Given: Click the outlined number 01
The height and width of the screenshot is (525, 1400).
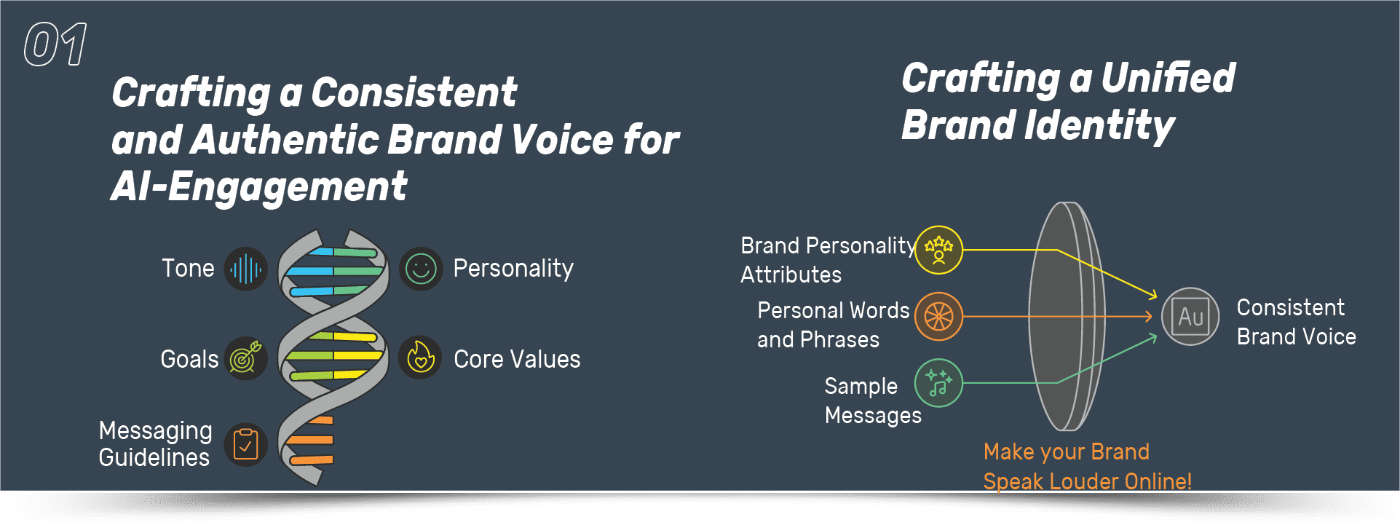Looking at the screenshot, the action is click(55, 44).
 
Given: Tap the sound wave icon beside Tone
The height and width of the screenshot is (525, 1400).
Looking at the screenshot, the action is click(246, 269).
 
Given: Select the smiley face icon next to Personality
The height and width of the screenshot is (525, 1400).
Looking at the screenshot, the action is click(421, 269).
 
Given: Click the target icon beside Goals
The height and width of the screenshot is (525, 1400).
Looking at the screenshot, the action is click(246, 358).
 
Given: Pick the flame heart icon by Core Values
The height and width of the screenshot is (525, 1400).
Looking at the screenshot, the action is click(421, 358).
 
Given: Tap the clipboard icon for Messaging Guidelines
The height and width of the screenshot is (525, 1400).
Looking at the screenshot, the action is click(246, 445).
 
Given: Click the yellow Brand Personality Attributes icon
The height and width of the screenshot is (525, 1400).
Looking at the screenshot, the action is click(938, 250).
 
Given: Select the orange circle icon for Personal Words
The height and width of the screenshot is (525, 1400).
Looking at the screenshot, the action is click(938, 317).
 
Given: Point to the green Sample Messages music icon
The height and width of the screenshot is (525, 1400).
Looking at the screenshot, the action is click(938, 383).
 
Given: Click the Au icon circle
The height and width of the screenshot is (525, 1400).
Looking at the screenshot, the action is click(1190, 317).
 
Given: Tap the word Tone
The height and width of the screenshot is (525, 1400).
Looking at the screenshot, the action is click(188, 269).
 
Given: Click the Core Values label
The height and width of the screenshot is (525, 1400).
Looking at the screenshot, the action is click(517, 359).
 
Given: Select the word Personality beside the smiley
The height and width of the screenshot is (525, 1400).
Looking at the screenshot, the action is click(513, 269).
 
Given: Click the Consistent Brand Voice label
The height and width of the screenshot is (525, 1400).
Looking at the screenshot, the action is click(1296, 322).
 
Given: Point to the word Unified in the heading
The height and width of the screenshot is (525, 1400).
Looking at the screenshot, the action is click(1168, 78).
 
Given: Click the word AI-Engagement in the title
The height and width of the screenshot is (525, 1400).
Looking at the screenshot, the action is click(258, 187).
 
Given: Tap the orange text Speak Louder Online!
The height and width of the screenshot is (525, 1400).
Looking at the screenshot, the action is click(1087, 481).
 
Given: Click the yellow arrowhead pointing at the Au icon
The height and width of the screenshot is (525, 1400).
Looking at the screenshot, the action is click(1152, 294).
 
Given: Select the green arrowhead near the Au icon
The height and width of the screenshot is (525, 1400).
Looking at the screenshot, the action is click(1152, 337).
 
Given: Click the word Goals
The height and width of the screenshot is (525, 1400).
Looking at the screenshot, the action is click(189, 359).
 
